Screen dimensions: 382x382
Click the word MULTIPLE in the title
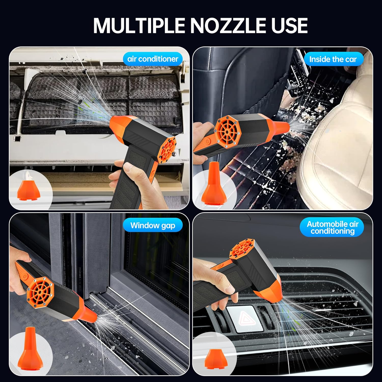tap(139, 25)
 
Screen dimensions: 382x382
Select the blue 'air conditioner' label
tap(153, 59)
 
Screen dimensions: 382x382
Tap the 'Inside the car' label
tap(333, 59)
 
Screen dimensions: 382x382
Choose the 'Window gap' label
tap(153, 225)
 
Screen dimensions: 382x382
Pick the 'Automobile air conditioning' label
tap(332, 227)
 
